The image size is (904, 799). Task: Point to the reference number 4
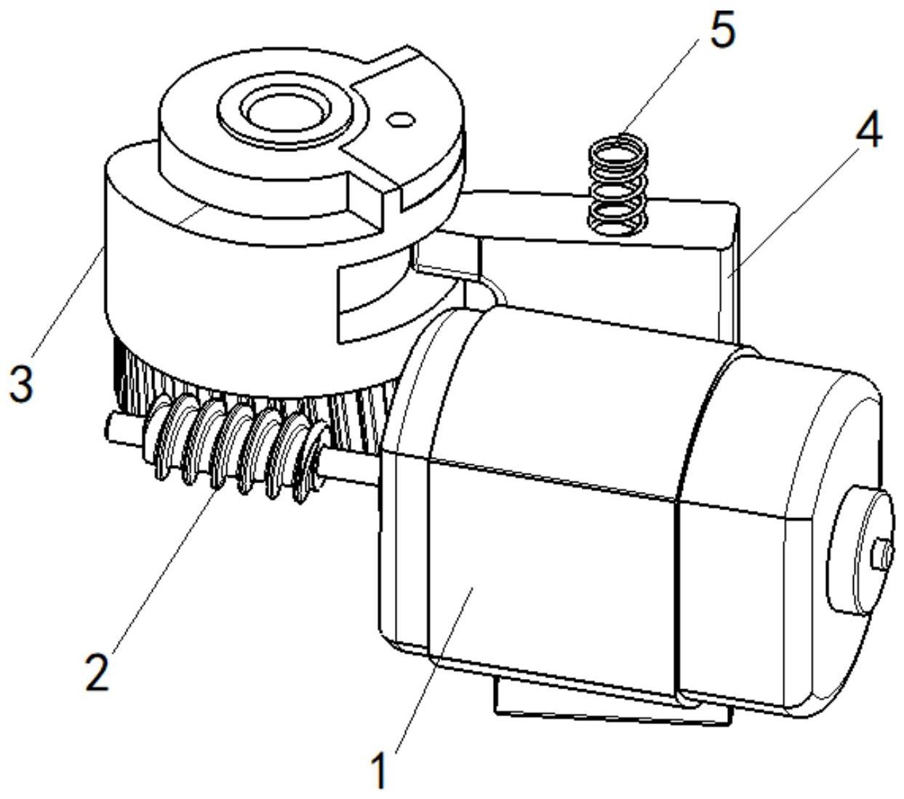(x=868, y=130)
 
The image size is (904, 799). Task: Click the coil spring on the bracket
(x=617, y=184)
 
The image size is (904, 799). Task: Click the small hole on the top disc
(x=401, y=119)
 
